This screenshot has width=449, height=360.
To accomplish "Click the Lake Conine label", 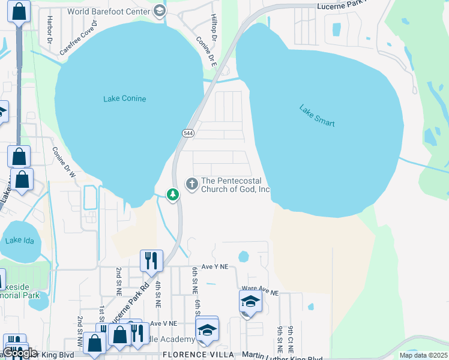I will pos(124,98).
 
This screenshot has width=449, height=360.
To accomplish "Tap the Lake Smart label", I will pos(316,116).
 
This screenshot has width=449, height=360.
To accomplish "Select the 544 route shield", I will pos(187,133).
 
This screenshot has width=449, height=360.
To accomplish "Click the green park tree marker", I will pos(173,194).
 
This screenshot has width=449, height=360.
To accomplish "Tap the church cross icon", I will pos(192,184).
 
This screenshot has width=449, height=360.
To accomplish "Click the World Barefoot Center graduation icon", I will pos(159,10).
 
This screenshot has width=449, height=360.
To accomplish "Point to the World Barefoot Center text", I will pos(108,11).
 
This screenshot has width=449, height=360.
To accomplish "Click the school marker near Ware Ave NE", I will pos(250,301).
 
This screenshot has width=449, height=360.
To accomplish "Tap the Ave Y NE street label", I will pos(215,266).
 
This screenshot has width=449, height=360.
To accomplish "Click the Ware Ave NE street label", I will pos(259,291).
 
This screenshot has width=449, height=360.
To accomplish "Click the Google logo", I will pos(20,353).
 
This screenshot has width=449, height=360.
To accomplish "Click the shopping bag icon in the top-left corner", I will pos(19,11).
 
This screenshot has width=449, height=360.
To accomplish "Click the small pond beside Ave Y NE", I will pos(243,257).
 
